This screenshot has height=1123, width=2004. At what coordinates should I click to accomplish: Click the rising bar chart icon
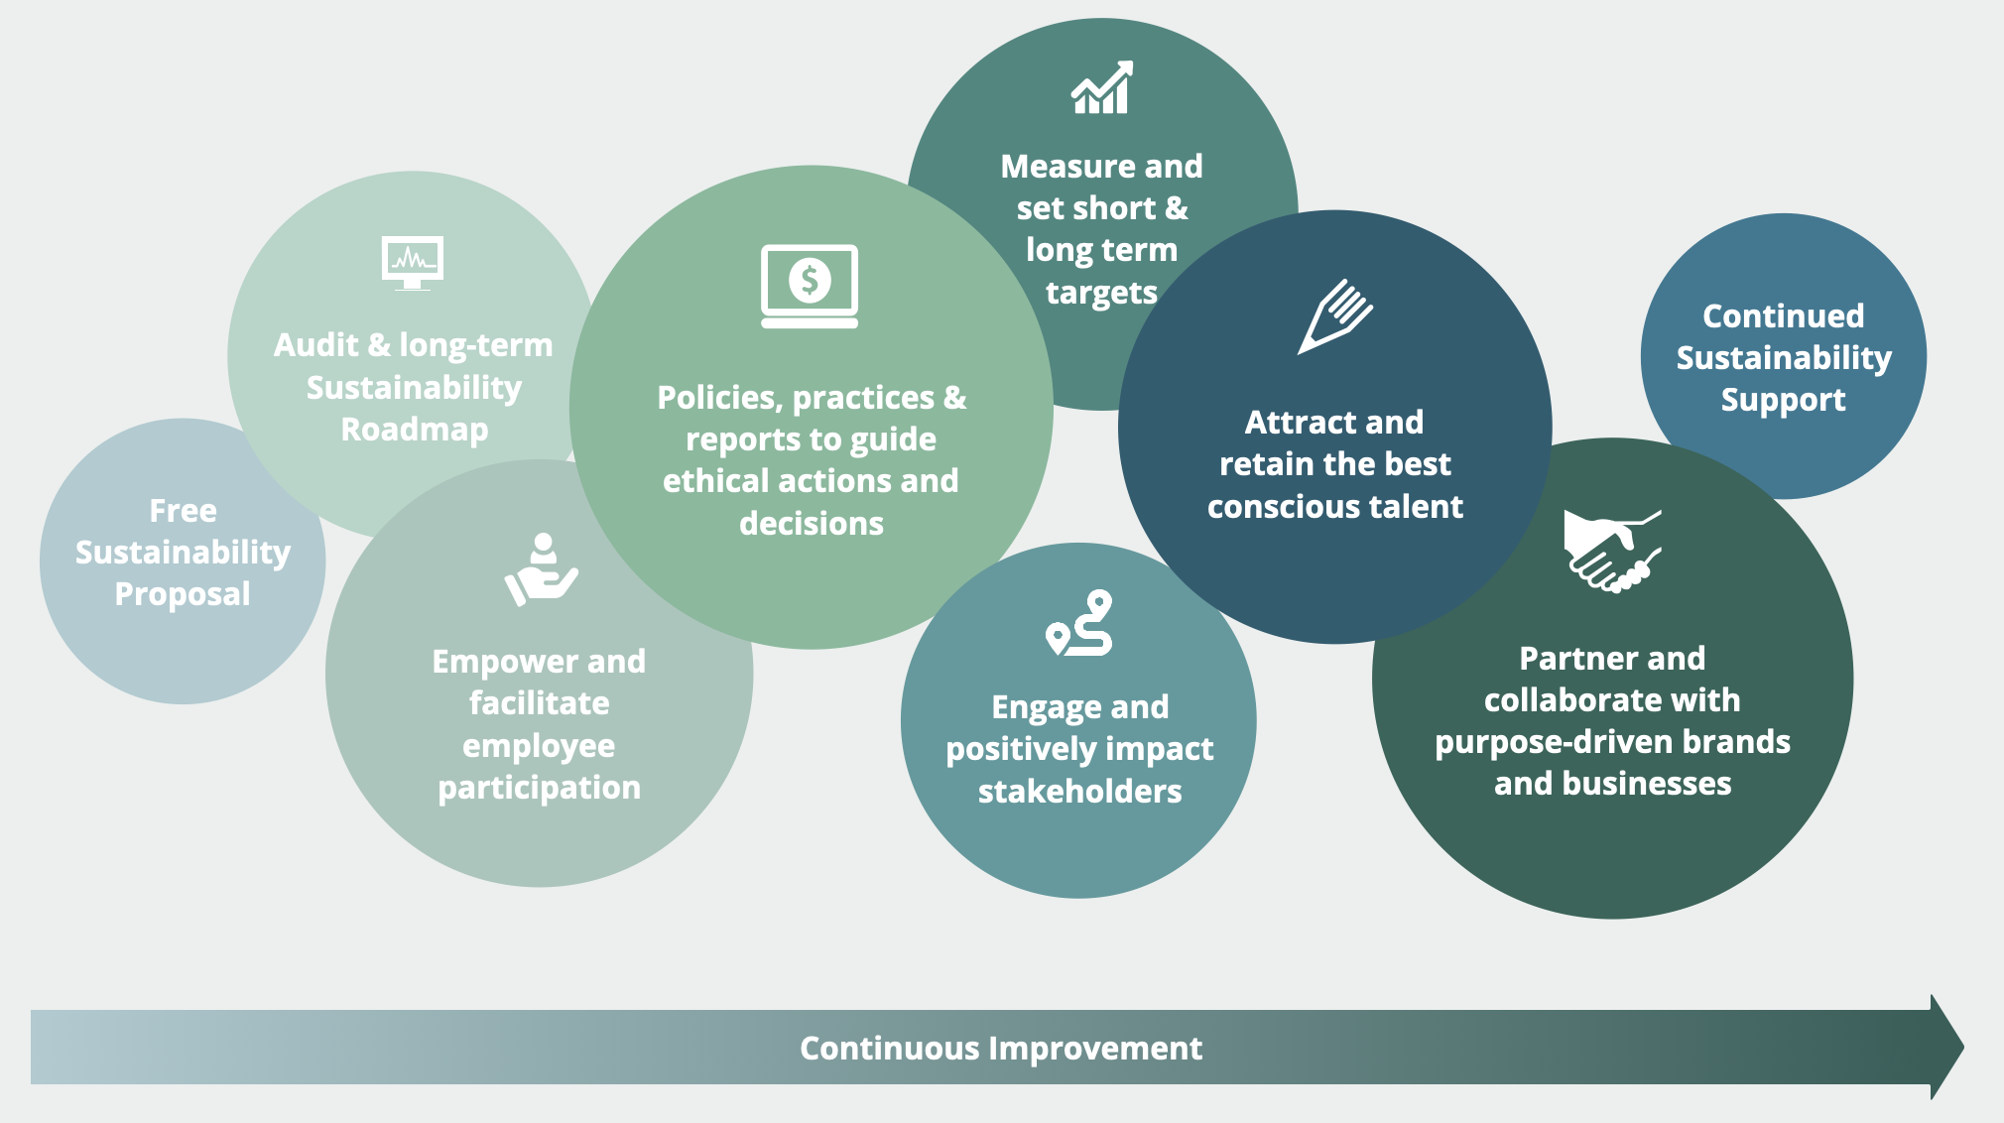point(1101,88)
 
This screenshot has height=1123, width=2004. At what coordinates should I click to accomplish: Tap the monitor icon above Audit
point(413,262)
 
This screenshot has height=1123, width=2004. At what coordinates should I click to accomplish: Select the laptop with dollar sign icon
point(810,286)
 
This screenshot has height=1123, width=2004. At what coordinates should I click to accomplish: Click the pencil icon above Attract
point(1335,316)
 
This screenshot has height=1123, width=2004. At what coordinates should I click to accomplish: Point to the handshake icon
point(1611,551)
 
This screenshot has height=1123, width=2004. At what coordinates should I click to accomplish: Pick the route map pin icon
point(1079,623)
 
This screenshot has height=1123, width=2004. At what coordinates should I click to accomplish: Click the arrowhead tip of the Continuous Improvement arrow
point(1954,1047)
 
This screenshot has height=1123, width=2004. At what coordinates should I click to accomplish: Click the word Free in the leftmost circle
point(183,510)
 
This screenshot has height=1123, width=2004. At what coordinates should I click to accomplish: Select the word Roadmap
point(414,429)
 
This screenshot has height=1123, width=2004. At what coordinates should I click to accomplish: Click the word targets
point(1101,293)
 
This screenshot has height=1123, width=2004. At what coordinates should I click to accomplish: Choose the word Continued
point(1783,315)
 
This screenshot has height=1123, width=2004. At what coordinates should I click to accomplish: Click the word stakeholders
point(1079,791)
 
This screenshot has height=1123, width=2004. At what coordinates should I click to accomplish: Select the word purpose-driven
point(1555,742)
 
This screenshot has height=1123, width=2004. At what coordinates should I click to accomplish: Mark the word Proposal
point(183,593)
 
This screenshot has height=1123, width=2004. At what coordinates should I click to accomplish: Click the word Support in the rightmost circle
point(1783,399)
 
